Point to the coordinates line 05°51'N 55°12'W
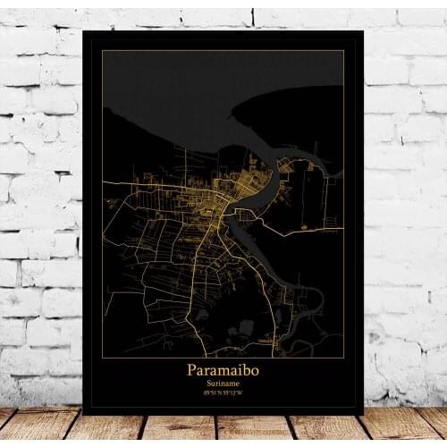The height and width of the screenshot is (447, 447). point(223,391)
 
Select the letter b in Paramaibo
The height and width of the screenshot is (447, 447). point(245,367)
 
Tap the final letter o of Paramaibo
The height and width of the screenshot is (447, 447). point(253,368)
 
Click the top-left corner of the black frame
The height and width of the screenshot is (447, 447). point(82,32)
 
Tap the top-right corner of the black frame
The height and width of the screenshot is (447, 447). point(362,32)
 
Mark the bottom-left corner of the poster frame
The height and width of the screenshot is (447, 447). point(83,413)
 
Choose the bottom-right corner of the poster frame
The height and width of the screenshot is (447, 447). point(363,413)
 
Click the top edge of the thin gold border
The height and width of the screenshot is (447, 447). point(223,51)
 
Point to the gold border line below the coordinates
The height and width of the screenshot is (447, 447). point(223,400)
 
